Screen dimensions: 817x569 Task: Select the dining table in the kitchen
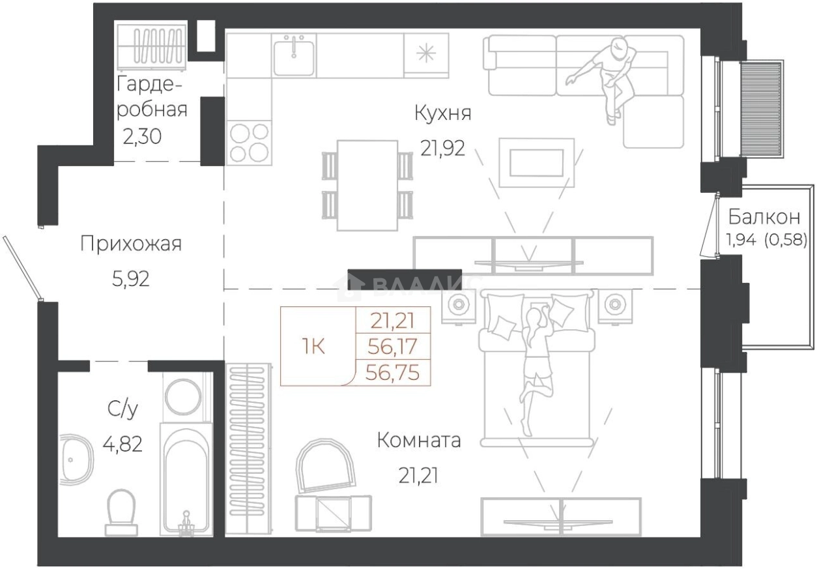[x=367, y=185]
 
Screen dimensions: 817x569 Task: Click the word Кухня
[x=443, y=113]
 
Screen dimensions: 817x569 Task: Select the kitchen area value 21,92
[x=443, y=148]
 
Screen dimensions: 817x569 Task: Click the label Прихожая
[x=131, y=244]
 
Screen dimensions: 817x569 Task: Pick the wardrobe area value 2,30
[x=142, y=137]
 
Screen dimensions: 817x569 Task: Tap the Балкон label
[x=764, y=217]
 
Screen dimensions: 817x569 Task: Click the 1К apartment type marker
[x=313, y=346]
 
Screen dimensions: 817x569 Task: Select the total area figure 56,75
[x=392, y=373]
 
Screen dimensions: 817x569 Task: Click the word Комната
[x=419, y=440]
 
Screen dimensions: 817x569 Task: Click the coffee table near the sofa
[x=536, y=163]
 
